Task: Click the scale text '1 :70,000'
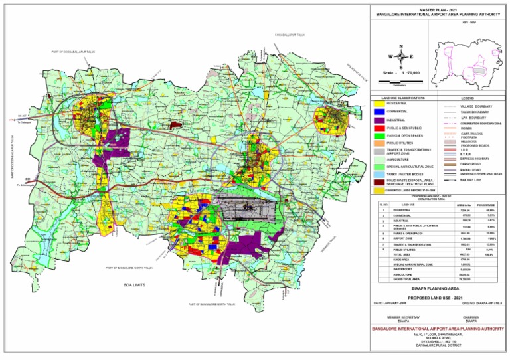coord(406,72)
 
